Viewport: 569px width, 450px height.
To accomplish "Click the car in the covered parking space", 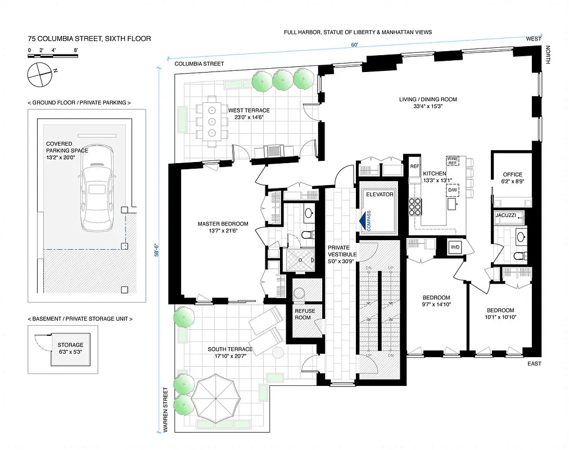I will (98, 191).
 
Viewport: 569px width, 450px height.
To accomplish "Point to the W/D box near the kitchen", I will (455, 246).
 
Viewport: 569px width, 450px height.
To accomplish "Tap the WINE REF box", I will (453, 161).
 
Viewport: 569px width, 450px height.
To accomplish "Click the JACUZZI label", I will (509, 215).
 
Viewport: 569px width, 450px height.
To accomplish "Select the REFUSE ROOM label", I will (305, 314).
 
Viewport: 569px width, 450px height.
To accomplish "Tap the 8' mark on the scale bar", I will (75, 51).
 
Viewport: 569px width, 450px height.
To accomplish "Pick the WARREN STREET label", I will (165, 409).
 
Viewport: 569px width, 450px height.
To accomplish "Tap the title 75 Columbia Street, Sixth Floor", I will (89, 39).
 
